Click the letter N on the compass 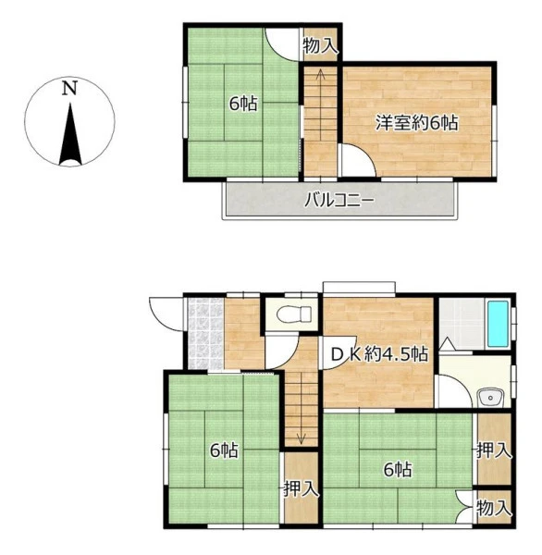(69, 88)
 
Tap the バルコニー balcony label (339, 201)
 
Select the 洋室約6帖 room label (417, 123)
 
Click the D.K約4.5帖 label (379, 353)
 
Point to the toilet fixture (294, 314)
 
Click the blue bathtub (498, 324)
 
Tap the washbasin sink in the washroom (490, 398)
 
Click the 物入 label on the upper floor (320, 45)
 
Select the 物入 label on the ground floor (494, 508)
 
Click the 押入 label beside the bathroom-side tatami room (494, 451)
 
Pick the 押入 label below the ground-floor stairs (302, 489)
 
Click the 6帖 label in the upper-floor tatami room (243, 104)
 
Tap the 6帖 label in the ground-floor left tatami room (224, 450)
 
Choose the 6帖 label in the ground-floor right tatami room (398, 470)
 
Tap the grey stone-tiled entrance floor (205, 333)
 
